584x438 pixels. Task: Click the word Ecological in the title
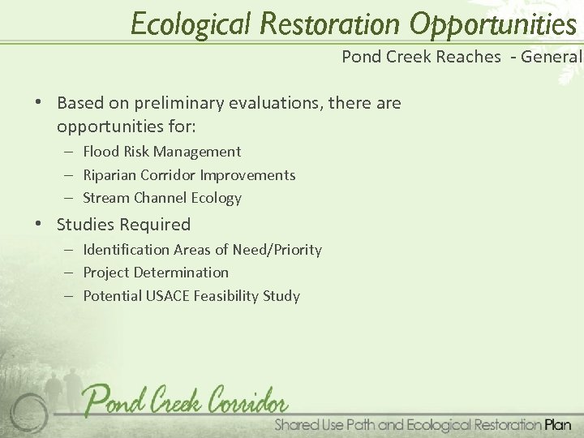[x=192, y=24]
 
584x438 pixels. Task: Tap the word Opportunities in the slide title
[x=493, y=24]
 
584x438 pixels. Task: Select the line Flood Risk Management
[x=162, y=152]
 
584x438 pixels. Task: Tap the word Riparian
[x=109, y=175]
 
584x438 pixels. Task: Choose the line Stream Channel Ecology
[x=162, y=198]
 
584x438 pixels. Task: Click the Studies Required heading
[x=124, y=225]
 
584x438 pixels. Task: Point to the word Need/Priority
[x=277, y=250]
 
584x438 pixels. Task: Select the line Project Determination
[x=156, y=273]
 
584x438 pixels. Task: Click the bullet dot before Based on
[x=39, y=104]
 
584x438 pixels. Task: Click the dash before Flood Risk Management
[x=71, y=152]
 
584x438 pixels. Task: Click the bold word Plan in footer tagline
[x=558, y=424]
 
